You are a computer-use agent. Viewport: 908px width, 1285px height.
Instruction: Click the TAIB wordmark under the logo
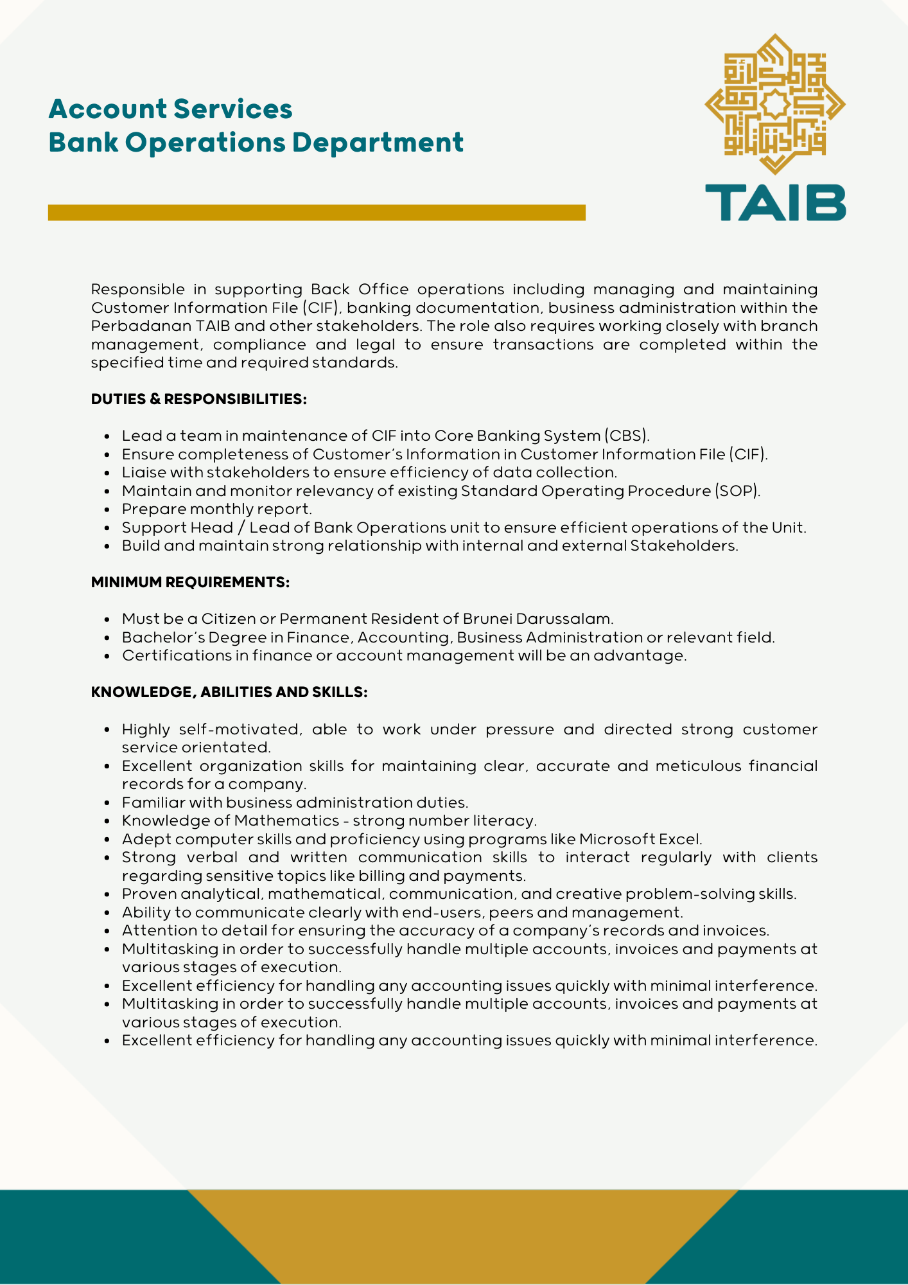(x=775, y=202)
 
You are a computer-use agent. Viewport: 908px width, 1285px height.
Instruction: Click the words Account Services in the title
(x=170, y=109)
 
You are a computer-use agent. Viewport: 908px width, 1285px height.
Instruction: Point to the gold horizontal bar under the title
(x=317, y=213)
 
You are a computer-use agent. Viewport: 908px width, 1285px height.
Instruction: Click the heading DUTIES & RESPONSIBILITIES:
(x=199, y=399)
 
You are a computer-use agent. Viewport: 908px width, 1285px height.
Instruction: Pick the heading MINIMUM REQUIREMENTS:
(x=190, y=582)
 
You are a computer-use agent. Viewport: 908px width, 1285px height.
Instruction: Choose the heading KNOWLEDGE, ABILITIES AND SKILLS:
(x=229, y=692)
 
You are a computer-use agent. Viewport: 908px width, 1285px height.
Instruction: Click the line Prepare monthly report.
(x=217, y=509)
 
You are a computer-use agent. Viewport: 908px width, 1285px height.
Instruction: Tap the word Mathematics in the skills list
(x=286, y=820)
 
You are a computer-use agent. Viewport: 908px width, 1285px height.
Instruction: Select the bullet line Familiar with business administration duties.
(x=295, y=802)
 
